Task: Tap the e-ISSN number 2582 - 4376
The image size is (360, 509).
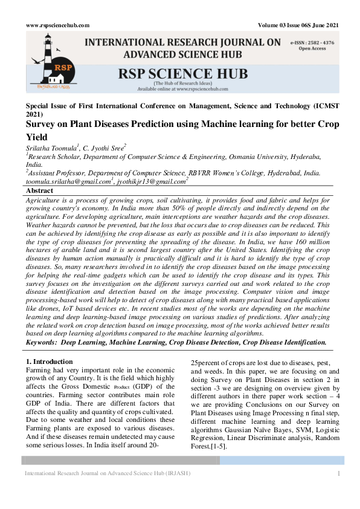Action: point(323,43)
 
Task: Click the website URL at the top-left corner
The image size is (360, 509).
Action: point(57,25)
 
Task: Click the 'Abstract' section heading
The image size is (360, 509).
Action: point(40,190)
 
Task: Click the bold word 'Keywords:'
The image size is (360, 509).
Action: point(43,343)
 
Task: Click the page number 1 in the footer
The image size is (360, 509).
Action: point(339,473)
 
